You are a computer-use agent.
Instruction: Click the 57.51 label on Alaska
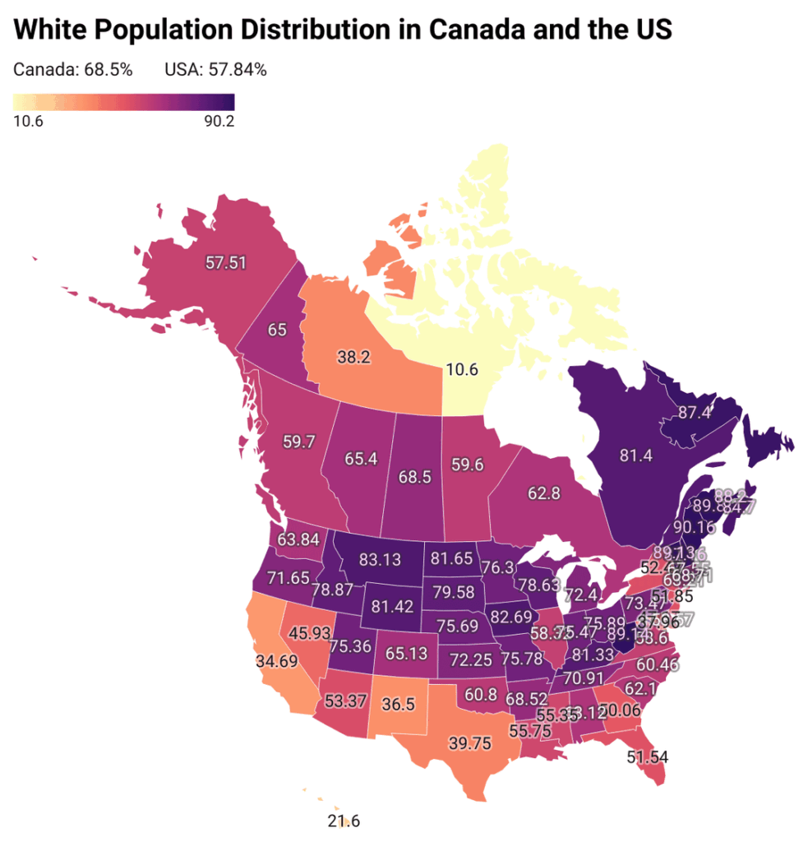[x=227, y=262]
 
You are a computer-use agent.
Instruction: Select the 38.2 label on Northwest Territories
[x=355, y=358]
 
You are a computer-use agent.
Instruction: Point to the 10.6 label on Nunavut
[x=461, y=369]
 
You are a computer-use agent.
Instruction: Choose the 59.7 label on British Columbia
[x=298, y=442]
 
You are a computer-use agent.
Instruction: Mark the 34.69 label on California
[x=276, y=659]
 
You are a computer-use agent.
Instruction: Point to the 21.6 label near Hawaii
[x=344, y=821]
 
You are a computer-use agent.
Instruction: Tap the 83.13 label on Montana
[x=381, y=560]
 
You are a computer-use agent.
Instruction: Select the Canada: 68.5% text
[x=73, y=70]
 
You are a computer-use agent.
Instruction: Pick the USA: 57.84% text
[x=215, y=70]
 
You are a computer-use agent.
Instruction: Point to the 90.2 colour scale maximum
[x=219, y=122]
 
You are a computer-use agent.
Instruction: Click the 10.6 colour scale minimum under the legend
[x=29, y=122]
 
